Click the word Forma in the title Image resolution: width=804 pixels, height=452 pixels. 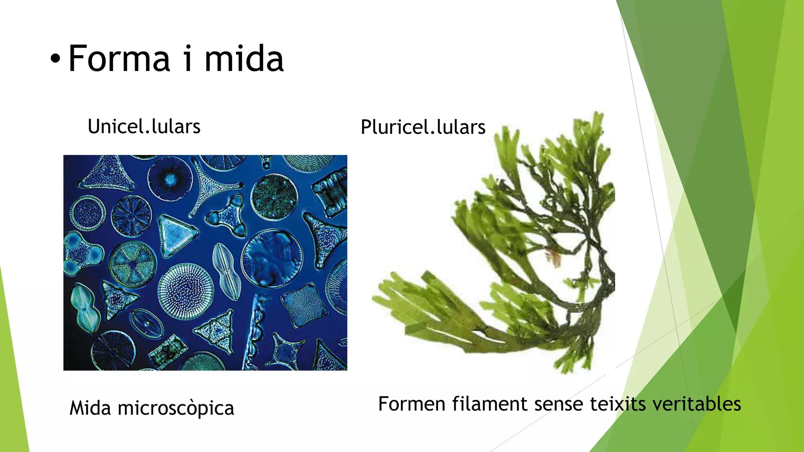(x=119, y=59)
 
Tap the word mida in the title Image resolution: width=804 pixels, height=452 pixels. (x=244, y=59)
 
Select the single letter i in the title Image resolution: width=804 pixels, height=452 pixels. (x=188, y=59)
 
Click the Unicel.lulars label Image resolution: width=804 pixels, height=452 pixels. (x=144, y=127)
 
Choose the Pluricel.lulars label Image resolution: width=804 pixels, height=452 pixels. (x=423, y=127)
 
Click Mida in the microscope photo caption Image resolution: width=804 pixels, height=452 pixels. (x=90, y=408)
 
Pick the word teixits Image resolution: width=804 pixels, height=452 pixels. (x=618, y=404)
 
